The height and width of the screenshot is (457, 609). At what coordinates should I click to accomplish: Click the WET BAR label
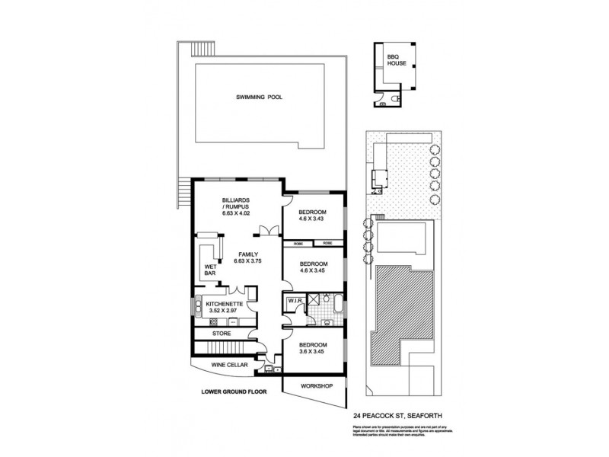pos(211,270)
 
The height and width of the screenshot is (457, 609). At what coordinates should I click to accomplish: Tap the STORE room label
pos(222,333)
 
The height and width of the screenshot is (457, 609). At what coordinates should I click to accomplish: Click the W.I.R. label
pos(294,302)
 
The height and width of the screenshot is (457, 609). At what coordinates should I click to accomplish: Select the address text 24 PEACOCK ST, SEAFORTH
pos(398,415)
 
